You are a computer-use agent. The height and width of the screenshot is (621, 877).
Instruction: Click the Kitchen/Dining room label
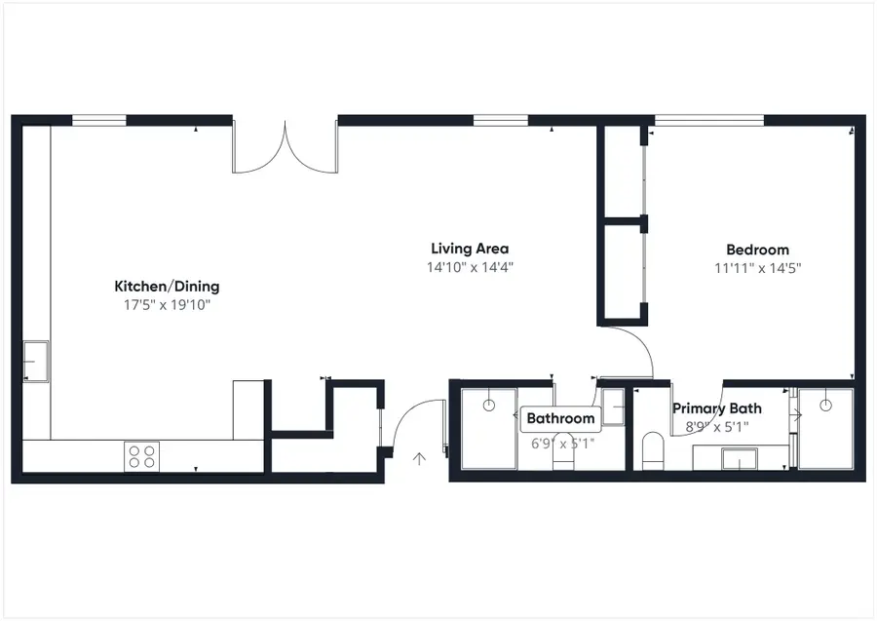pyautogui.click(x=167, y=287)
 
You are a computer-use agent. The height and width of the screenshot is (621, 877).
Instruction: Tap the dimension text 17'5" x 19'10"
pyautogui.click(x=167, y=305)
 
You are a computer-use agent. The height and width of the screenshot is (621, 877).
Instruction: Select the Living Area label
pyautogui.click(x=470, y=249)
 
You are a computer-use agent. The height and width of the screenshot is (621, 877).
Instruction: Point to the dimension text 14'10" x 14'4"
pyautogui.click(x=470, y=267)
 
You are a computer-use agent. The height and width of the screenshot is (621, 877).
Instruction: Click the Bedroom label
pyautogui.click(x=757, y=250)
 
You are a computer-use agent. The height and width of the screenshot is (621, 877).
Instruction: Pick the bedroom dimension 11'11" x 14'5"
pyautogui.click(x=757, y=267)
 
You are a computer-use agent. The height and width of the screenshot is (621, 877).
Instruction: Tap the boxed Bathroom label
pyautogui.click(x=560, y=419)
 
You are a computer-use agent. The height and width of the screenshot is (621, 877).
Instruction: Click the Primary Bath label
pyautogui.click(x=717, y=408)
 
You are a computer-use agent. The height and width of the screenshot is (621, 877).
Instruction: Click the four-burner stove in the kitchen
pyautogui.click(x=142, y=455)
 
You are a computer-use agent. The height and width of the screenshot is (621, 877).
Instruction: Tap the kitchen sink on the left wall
pyautogui.click(x=36, y=361)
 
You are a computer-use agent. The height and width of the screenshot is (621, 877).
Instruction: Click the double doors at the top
pyautogui.click(x=285, y=146)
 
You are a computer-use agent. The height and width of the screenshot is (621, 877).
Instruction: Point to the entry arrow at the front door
pyautogui.click(x=420, y=458)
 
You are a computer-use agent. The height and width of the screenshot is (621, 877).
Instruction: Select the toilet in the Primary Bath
pyautogui.click(x=653, y=451)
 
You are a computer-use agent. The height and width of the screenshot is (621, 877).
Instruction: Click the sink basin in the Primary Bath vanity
pyautogui.click(x=739, y=457)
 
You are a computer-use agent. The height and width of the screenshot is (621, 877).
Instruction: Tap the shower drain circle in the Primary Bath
pyautogui.click(x=826, y=403)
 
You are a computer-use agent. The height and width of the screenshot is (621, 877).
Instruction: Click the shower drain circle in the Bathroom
pyautogui.click(x=488, y=404)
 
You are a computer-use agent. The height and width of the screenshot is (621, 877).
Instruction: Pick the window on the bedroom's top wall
pyautogui.click(x=708, y=121)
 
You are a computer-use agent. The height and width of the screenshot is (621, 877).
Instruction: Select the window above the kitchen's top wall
pyautogui.click(x=99, y=121)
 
